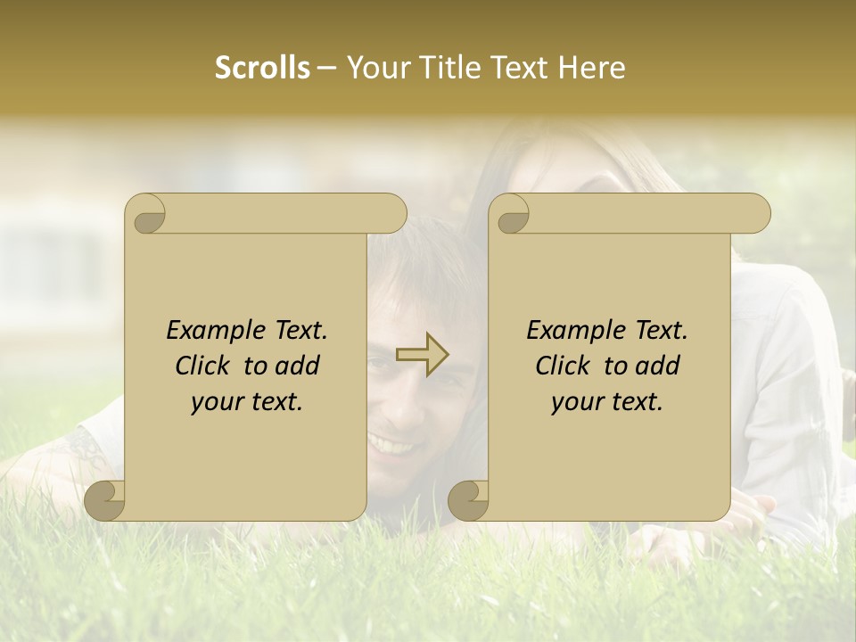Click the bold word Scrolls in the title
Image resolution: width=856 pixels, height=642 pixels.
[262, 69]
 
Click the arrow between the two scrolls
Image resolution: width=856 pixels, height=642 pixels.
[423, 355]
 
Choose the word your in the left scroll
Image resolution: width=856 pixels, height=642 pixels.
[214, 403]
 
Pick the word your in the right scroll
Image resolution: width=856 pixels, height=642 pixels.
[574, 403]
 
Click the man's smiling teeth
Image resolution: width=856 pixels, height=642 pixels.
[394, 443]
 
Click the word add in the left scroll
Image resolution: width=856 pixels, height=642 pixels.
[299, 366]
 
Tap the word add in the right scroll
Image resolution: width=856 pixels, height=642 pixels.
[659, 366]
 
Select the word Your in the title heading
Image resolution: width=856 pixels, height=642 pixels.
[375, 69]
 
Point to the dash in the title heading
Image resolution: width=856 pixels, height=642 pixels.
[326, 69]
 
